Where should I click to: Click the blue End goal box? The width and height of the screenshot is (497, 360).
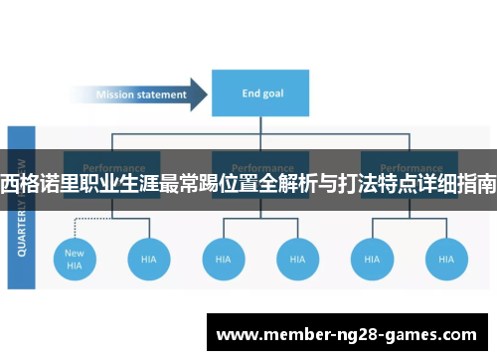pyautogui.click(x=260, y=94)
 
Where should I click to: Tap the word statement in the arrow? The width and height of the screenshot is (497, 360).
pyautogui.click(x=163, y=95)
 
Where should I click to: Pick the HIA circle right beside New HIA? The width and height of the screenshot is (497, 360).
pyautogui.click(x=149, y=259)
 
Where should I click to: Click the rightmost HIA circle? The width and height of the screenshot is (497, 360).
pyautogui.click(x=445, y=259)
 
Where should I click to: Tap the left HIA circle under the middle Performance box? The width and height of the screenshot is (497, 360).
pyautogui.click(x=224, y=259)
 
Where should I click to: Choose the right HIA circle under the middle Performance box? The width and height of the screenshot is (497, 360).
pyautogui.click(x=297, y=259)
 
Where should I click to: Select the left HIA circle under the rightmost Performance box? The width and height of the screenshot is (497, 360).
pyautogui.click(x=372, y=259)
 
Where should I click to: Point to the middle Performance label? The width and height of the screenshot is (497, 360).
pyautogui.click(x=260, y=167)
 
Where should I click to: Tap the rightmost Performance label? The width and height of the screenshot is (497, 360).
pyautogui.click(x=409, y=167)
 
